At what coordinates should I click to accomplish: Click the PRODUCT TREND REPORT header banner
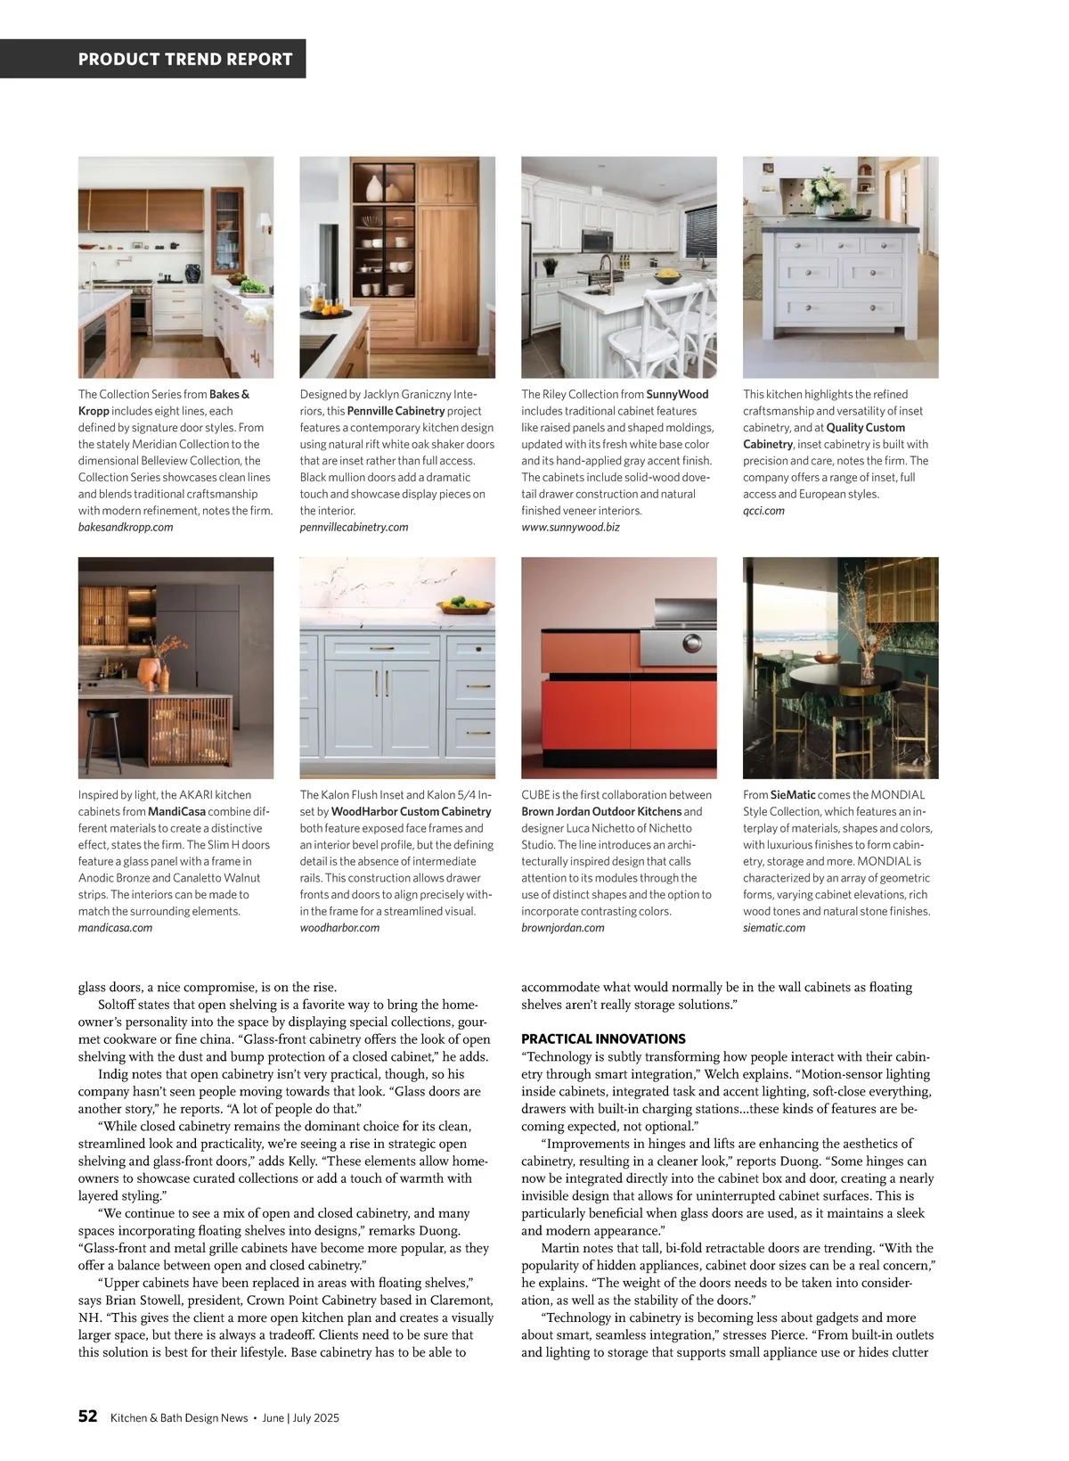185,59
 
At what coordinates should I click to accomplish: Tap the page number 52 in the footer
87,1416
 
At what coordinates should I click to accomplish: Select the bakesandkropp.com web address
126,527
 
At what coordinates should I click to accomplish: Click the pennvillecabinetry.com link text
354,527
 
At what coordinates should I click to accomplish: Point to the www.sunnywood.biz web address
570,527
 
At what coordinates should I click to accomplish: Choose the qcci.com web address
763,511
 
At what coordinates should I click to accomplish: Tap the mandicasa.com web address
115,927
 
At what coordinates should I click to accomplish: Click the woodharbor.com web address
339,927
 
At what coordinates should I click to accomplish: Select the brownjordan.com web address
562,927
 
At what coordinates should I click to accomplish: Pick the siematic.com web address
773,927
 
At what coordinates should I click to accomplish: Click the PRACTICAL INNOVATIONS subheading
603,1038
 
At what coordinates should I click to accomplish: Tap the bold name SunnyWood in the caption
677,394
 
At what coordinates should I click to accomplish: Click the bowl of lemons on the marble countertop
468,606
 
